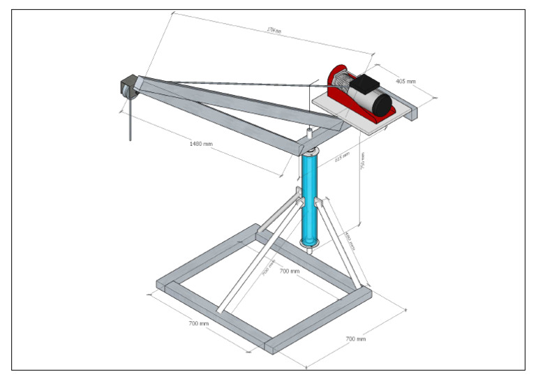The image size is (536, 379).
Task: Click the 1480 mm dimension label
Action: [x=201, y=144]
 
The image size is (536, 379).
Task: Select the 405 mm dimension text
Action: [x=405, y=82]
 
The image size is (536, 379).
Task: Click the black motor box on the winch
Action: [x=364, y=87]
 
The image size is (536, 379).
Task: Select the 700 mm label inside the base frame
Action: [x=289, y=270]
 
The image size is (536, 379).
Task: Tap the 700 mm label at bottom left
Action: [x=199, y=324]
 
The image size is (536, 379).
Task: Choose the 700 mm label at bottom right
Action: [x=356, y=339]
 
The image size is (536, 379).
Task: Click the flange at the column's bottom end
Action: [x=310, y=242]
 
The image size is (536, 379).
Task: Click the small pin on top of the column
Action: [x=310, y=131]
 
